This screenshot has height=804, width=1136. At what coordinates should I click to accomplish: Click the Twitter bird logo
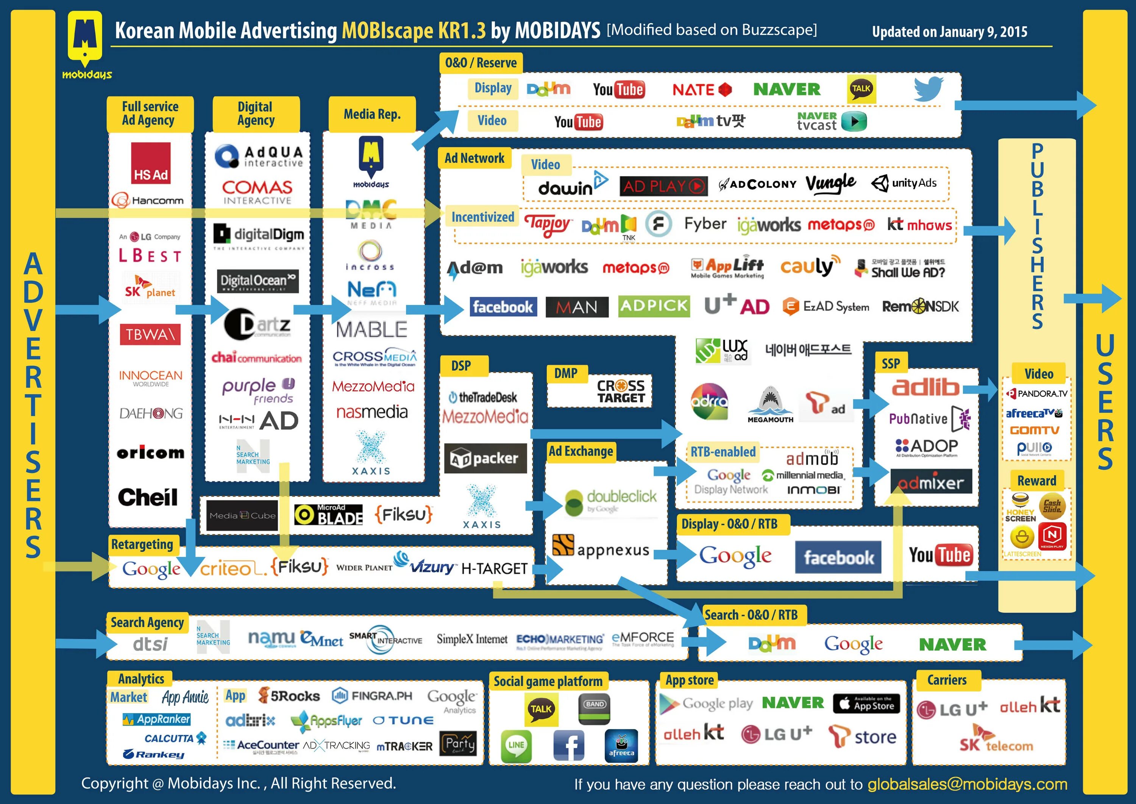click(928, 89)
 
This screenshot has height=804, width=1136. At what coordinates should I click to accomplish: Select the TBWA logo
click(150, 335)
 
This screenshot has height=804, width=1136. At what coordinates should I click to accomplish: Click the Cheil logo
click(148, 497)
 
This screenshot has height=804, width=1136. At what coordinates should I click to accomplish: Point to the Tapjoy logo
click(548, 225)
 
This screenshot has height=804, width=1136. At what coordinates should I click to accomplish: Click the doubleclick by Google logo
click(611, 501)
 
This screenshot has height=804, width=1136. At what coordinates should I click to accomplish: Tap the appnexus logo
click(601, 548)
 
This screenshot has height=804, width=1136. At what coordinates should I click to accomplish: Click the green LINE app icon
click(516, 745)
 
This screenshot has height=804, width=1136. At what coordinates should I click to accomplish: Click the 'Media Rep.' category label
click(372, 114)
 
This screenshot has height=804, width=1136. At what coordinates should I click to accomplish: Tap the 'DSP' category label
click(461, 365)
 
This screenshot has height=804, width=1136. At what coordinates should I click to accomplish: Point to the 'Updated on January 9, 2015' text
click(949, 32)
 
